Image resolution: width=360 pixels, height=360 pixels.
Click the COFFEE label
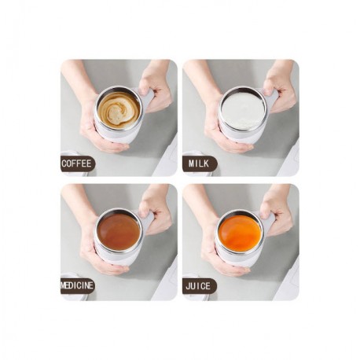(78, 163)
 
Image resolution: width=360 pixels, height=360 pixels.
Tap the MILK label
(200, 163)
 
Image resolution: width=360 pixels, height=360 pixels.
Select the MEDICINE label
(78, 285)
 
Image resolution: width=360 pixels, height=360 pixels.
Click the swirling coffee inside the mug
(118, 109)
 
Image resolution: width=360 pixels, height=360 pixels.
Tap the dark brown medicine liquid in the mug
(119, 231)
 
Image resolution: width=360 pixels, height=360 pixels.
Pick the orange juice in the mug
(241, 232)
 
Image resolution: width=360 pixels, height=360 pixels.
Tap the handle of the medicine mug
(147, 222)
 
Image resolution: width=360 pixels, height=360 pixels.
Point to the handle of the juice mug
(270, 222)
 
